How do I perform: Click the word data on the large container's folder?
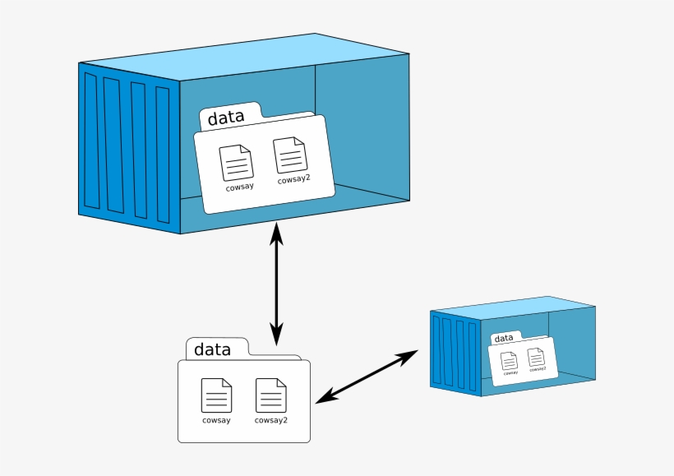[225, 118]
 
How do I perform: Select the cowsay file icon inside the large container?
[237, 163]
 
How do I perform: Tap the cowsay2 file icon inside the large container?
[290, 155]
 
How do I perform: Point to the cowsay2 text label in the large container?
[293, 180]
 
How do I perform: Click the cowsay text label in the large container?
[240, 187]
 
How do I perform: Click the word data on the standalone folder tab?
[212, 349]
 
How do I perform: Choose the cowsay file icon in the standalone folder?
[216, 395]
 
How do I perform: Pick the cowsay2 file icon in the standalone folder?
[270, 395]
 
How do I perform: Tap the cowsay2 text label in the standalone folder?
[270, 420]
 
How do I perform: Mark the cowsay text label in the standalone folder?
[216, 420]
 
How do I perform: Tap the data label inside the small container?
[504, 338]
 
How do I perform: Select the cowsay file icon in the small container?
[510, 360]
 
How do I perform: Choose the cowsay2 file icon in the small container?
[536, 357]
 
